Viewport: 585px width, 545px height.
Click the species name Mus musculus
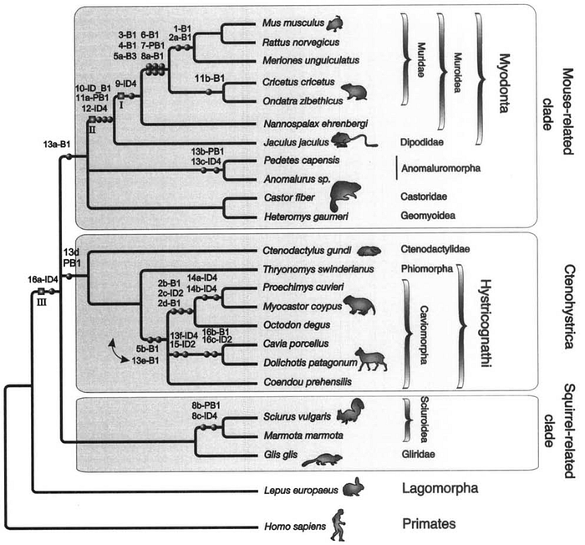pos(293,23)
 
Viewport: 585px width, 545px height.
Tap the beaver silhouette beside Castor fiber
pos(344,196)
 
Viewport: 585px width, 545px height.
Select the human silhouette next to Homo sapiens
pos(338,524)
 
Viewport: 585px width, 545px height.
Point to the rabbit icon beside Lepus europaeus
pos(353,487)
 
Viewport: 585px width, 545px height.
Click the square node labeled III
pos(41,291)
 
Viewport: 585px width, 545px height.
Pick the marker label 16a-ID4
pos(43,279)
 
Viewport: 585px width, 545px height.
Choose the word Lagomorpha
pos(440,488)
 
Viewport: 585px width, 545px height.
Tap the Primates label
pos(429,524)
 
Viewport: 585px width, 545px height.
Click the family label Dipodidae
pos(421,142)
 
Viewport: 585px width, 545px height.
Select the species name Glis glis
pos(281,454)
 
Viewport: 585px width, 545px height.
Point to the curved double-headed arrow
pos(118,351)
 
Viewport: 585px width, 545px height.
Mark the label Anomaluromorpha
pos(440,168)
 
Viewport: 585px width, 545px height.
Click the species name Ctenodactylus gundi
pos(307,250)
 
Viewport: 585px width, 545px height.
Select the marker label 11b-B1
pos(210,79)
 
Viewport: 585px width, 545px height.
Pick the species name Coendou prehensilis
pos(308,382)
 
